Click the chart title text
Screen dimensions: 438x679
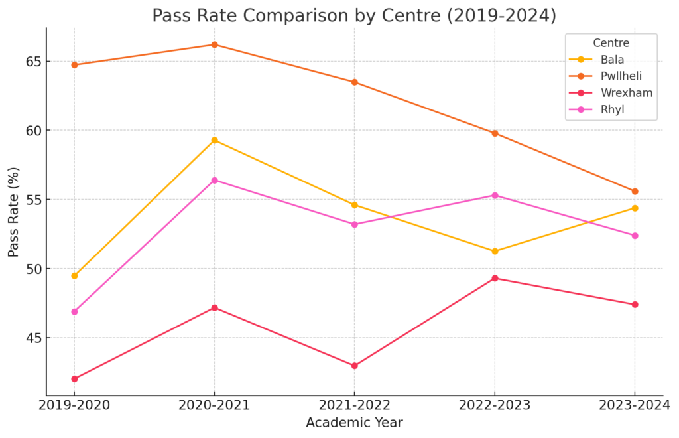click(x=354, y=15)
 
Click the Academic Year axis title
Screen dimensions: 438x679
click(x=354, y=423)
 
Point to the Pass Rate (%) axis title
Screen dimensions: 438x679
click(x=14, y=212)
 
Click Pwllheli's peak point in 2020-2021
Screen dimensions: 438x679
click(x=214, y=44)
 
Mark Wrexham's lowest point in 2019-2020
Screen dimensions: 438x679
click(x=74, y=379)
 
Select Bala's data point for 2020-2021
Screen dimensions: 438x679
click(x=214, y=140)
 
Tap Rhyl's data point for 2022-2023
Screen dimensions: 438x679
click(x=495, y=195)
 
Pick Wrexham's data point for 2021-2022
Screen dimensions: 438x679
click(x=355, y=366)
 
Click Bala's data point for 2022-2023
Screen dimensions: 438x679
click(x=495, y=251)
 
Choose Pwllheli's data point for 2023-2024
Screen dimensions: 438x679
click(x=635, y=191)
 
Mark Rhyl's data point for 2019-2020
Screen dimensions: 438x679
click(x=74, y=311)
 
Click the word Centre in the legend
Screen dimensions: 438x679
click(x=611, y=43)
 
